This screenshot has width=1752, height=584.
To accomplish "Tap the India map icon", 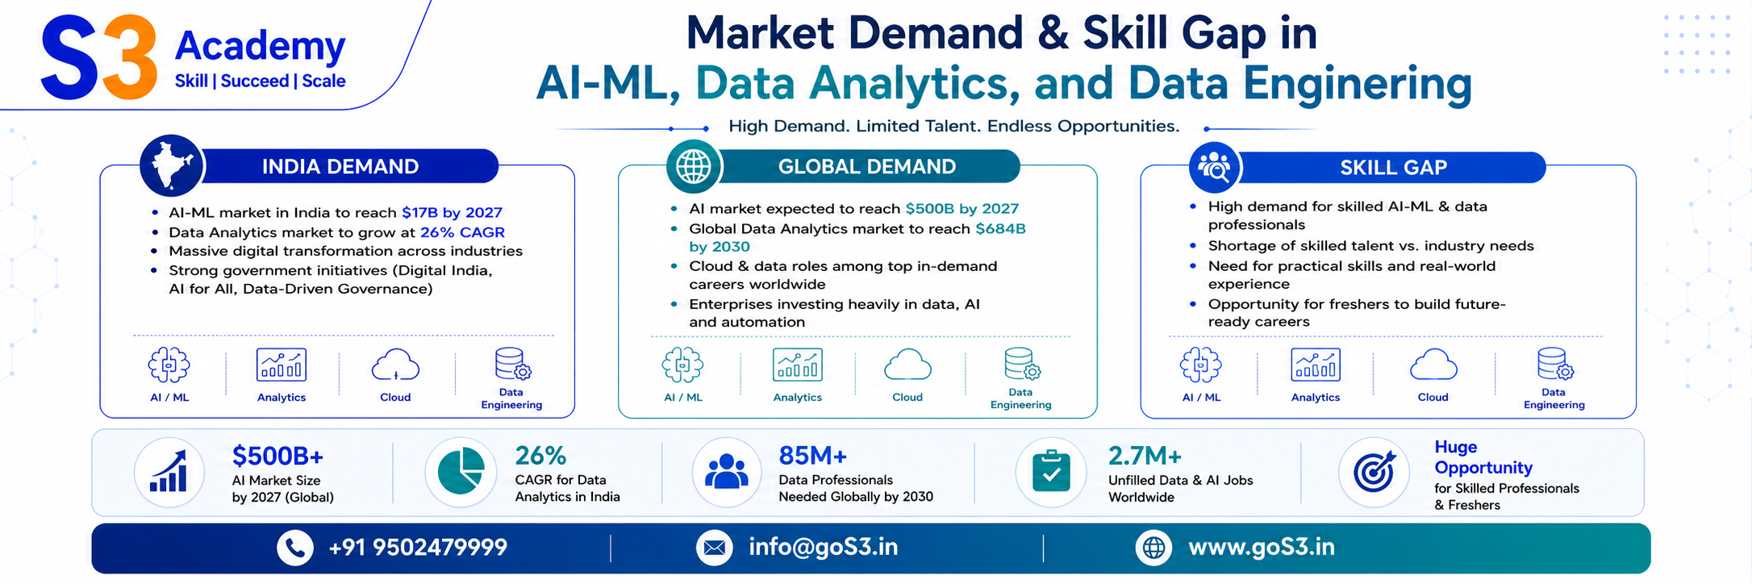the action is [x=172, y=165].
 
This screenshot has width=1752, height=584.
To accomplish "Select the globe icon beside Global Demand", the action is [x=693, y=167].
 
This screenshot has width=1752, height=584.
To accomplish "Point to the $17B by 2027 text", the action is [x=452, y=212].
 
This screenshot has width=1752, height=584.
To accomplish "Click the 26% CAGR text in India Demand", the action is [x=462, y=232].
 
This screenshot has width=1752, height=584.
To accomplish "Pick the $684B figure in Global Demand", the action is [x=1000, y=228].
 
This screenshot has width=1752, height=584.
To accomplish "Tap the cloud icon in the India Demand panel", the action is [x=395, y=365].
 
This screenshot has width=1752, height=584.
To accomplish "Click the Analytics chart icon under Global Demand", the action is [x=797, y=365].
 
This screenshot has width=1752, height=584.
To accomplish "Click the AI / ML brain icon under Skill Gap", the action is [x=1200, y=365].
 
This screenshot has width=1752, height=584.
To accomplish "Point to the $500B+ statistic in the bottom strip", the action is [x=277, y=457].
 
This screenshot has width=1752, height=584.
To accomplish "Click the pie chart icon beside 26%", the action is [x=461, y=471].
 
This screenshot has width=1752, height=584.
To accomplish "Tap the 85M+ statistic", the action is [x=812, y=456].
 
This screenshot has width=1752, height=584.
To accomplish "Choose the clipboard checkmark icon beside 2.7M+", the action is [x=1051, y=472].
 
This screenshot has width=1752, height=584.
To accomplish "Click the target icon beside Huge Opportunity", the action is [x=1374, y=472].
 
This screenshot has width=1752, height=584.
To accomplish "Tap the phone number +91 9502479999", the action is [x=418, y=548].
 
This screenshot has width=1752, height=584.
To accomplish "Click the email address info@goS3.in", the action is [x=823, y=548].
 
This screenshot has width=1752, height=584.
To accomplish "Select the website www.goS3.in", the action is [x=1262, y=548].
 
